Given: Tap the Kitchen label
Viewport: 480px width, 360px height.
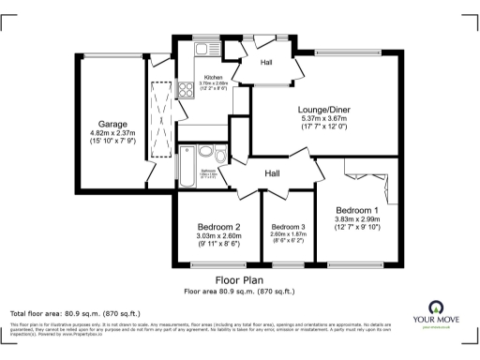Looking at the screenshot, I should coord(215,76).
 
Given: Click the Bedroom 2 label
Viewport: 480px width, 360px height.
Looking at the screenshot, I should coord(218,227).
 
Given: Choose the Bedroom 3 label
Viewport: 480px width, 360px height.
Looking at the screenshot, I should coord(289,228).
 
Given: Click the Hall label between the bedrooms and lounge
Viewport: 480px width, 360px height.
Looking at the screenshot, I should coord(272,173).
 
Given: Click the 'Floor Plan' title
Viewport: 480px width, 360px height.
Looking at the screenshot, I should coord(239,279).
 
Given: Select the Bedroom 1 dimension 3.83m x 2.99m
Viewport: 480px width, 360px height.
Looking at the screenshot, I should coord(357,220).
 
